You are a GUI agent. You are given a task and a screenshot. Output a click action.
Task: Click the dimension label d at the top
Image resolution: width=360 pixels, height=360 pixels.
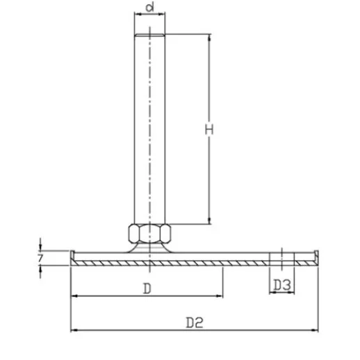click(150, 10)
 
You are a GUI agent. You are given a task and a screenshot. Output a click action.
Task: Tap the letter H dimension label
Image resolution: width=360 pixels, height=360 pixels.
click(208, 129)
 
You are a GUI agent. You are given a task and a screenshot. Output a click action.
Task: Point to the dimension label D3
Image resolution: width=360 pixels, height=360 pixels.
click(281, 284)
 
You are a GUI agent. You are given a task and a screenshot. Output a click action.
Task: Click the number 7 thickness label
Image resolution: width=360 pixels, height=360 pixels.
click(42, 258)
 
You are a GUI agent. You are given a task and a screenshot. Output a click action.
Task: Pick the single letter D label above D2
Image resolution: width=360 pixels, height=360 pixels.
click(147, 287)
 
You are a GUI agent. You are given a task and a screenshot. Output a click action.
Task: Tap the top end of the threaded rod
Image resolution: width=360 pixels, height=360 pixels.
click(150, 37)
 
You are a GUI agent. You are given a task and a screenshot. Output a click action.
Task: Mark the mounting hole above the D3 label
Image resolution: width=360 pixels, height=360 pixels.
click(281, 257)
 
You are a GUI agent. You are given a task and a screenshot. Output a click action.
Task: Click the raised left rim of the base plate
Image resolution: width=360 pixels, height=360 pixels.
click(72, 254)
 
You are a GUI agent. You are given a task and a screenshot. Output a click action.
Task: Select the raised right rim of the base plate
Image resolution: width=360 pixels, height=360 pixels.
click(316, 254)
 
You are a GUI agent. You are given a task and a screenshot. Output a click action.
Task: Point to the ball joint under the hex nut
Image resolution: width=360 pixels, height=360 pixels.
click(149, 246)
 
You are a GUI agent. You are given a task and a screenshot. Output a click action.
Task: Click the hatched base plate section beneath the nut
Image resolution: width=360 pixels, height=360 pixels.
click(149, 259)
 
